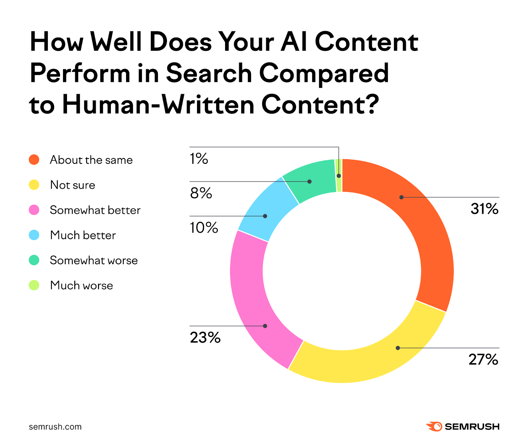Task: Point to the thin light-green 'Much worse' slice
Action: pos(338,175)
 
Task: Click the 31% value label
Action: pos(484,209)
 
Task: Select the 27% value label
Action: pos(483,359)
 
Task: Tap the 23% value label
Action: pos(205,338)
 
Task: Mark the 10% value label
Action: pos(204,228)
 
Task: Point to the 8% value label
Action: pos(201,193)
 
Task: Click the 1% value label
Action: pos(199,159)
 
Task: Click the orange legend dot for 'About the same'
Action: pos(34,160)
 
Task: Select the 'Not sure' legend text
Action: pos(73,185)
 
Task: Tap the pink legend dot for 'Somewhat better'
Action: pos(34,210)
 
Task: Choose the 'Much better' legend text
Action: pos(83,235)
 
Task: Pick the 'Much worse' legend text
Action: pos(82,285)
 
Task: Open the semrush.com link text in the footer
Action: pos(55,427)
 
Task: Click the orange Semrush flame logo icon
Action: pos(434,426)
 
